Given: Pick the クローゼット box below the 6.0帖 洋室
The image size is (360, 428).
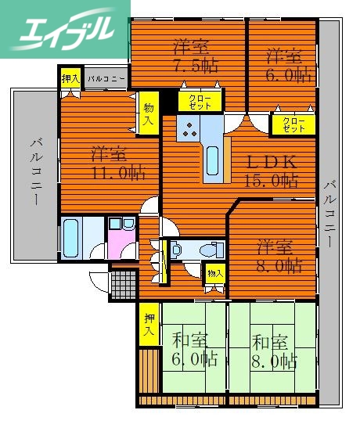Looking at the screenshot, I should pyautogui.click(x=293, y=124).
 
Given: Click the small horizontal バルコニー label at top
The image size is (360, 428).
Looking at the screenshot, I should pyautogui.click(x=105, y=78).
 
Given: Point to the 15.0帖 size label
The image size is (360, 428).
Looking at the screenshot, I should pyautogui.click(x=272, y=182).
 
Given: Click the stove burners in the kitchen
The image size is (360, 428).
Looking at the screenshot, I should pyautogui.click(x=189, y=131).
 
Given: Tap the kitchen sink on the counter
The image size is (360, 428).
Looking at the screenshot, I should pyautogui.click(x=212, y=160).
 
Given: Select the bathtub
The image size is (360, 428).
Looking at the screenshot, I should pyautogui.click(x=70, y=233).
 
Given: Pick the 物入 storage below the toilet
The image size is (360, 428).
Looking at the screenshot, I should pyautogui.click(x=214, y=274).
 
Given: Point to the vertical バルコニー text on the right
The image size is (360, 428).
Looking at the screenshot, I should pyautogui.click(x=329, y=211).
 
